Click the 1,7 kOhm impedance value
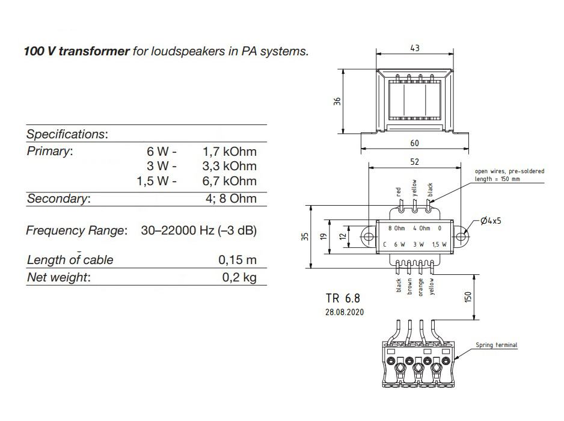[230, 151]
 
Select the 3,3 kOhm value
[230, 166]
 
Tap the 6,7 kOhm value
[230, 181]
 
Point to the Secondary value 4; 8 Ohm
[230, 198]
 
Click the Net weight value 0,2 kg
[239, 277]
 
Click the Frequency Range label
[76, 230]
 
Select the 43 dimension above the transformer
[414, 48]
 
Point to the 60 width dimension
[414, 143]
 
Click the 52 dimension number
[414, 162]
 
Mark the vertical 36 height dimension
[337, 101]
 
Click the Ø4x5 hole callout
[491, 221]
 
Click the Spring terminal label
[496, 345]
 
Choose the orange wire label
[420, 286]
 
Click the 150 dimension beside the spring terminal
[469, 297]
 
